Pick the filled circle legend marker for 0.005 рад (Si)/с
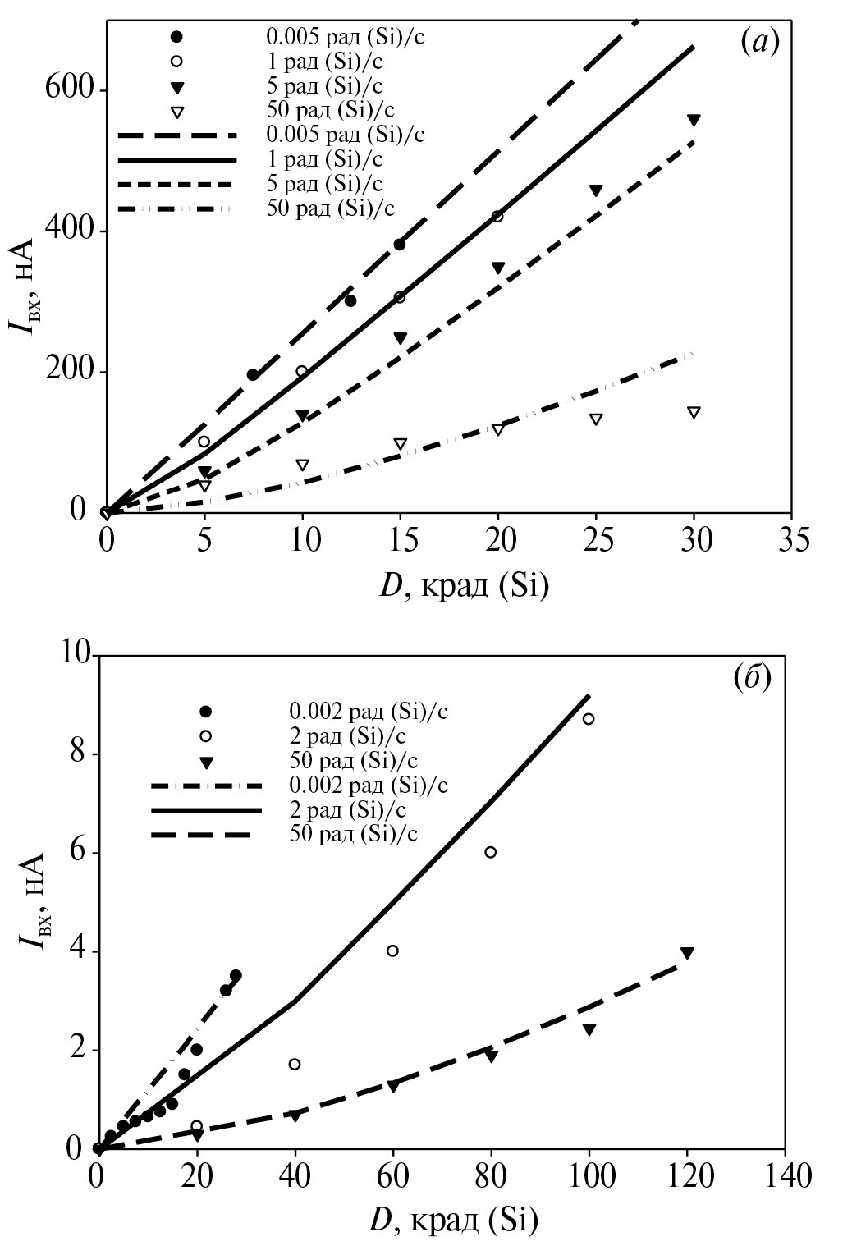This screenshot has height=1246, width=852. point(176,36)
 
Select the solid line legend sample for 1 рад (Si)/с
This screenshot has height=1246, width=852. point(176,158)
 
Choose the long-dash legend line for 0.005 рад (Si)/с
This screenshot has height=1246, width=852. point(176,134)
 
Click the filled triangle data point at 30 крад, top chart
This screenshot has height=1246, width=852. point(694,120)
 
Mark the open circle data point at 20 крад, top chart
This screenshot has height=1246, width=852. point(497,216)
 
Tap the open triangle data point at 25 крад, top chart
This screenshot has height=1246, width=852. point(596,419)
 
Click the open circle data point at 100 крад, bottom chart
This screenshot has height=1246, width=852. point(589,719)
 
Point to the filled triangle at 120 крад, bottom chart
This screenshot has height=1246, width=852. point(687,952)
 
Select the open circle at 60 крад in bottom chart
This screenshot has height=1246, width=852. point(392,951)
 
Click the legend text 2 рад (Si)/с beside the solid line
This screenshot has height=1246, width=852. point(348,809)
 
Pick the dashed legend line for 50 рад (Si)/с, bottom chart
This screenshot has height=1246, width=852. point(205,835)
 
